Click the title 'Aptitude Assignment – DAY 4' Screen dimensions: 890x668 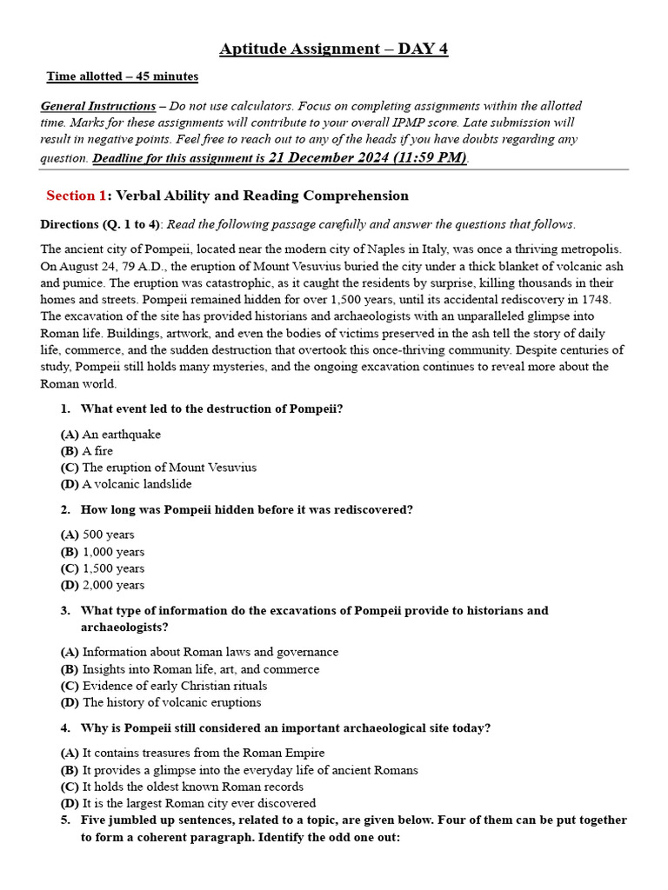tap(333, 49)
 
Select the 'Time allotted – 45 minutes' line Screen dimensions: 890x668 tap(123, 76)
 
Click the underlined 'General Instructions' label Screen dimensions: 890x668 tap(98, 106)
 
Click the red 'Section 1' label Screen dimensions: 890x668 tap(76, 196)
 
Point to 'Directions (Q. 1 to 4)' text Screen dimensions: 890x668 tap(101, 224)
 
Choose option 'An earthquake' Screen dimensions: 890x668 tap(121, 435)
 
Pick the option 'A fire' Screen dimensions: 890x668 tap(97, 451)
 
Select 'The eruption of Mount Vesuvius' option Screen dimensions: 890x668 tap(169, 468)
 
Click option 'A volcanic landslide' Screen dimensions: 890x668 tap(137, 484)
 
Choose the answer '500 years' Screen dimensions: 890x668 tap(108, 535)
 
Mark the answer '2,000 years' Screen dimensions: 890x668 tap(113, 585)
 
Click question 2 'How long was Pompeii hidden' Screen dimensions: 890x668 tap(246, 510)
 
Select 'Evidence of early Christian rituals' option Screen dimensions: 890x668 tap(175, 686)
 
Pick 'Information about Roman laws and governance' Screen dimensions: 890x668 tap(210, 652)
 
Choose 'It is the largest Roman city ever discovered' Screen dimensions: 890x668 tap(199, 803)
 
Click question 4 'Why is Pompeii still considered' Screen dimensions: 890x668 tap(285, 728)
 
